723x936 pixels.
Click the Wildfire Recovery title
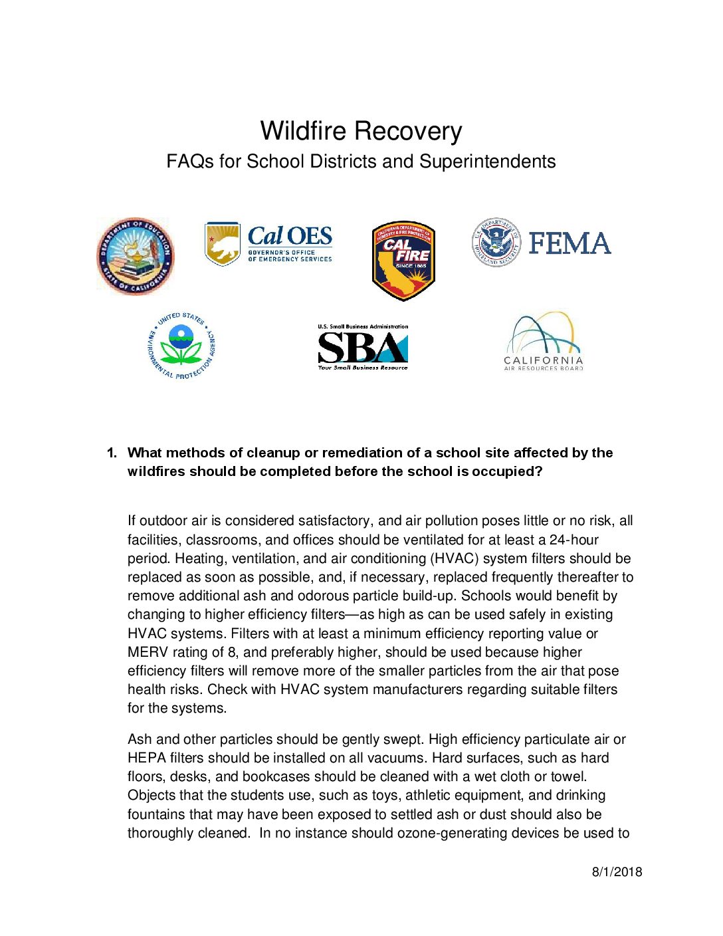pyautogui.click(x=361, y=131)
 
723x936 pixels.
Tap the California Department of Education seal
pyautogui.click(x=135, y=255)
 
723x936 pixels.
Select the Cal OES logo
pyautogui.click(x=268, y=244)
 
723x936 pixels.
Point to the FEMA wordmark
pyautogui.click(x=569, y=243)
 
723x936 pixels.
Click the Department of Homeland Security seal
pyautogui.click(x=496, y=243)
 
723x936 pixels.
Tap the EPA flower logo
pyautogui.click(x=181, y=346)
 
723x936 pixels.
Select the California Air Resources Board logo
pyautogui.click(x=543, y=342)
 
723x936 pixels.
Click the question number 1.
pyautogui.click(x=112, y=453)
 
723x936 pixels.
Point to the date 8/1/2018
pyautogui.click(x=617, y=872)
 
